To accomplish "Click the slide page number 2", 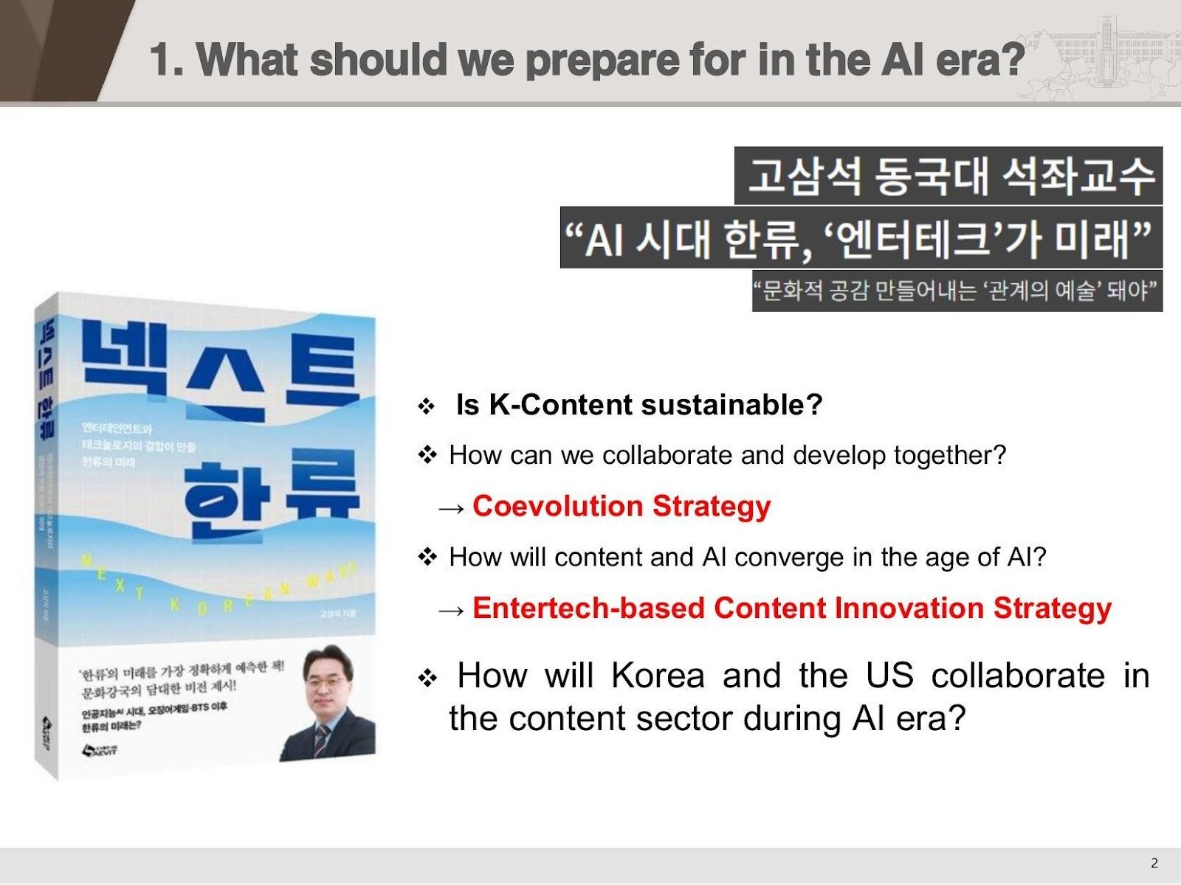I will [x=1154, y=864].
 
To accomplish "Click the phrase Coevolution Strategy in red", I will [x=622, y=506].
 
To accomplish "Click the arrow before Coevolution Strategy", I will [x=451, y=507].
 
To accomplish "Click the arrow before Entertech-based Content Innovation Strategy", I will [x=451, y=609].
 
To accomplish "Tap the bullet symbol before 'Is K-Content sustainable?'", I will [x=427, y=406].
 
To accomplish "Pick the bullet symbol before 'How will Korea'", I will [x=427, y=678].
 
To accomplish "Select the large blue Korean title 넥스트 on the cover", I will [x=221, y=372].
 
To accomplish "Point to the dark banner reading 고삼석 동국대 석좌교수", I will [x=948, y=176].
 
